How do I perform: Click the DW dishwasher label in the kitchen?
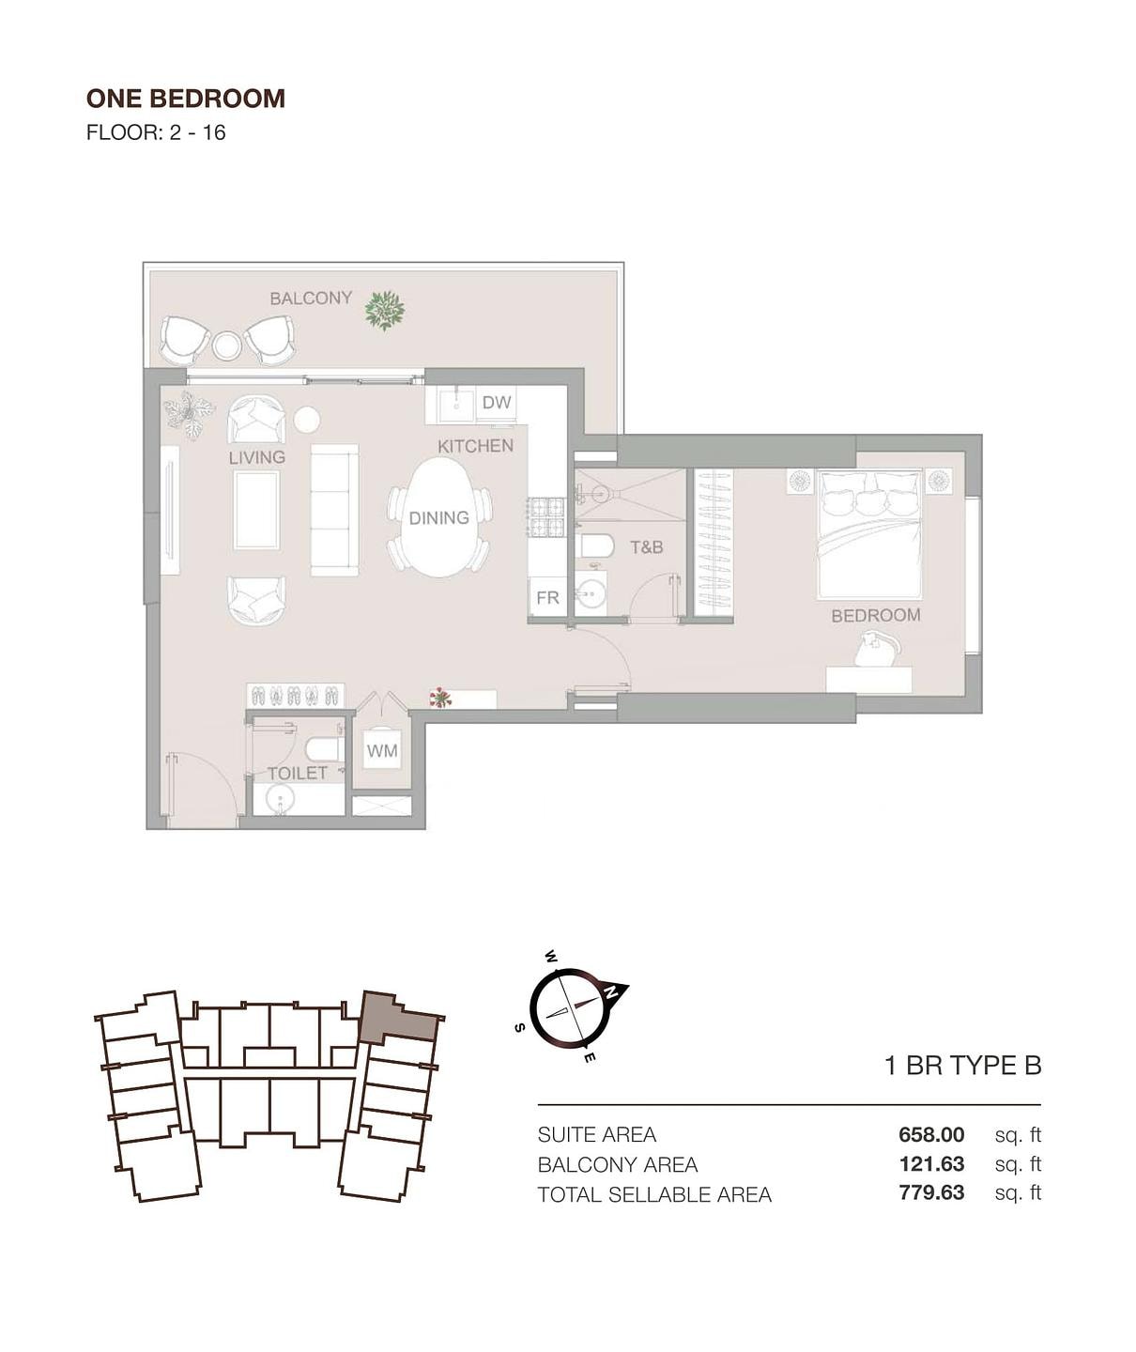pyautogui.click(x=497, y=402)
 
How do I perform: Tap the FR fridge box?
pyautogui.click(x=548, y=596)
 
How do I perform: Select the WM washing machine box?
pyautogui.click(x=382, y=750)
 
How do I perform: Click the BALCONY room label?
pyautogui.click(x=311, y=298)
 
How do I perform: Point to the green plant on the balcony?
pyautogui.click(x=385, y=311)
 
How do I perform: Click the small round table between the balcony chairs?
pyautogui.click(x=226, y=346)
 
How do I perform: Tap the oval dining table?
pyautogui.click(x=439, y=517)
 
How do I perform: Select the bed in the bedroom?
pyautogui.click(x=869, y=533)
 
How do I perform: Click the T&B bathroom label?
pyautogui.click(x=647, y=547)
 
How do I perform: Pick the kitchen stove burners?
pyautogui.click(x=546, y=517)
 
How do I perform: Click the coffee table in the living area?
pyautogui.click(x=257, y=510)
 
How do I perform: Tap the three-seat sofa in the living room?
pyautogui.click(x=334, y=510)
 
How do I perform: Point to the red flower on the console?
pyautogui.click(x=440, y=697)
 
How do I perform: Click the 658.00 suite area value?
pyautogui.click(x=931, y=1134)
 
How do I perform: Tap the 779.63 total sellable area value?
pyautogui.click(x=931, y=1192)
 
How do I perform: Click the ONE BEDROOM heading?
pyautogui.click(x=186, y=99)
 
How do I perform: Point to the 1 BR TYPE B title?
pyautogui.click(x=963, y=1065)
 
